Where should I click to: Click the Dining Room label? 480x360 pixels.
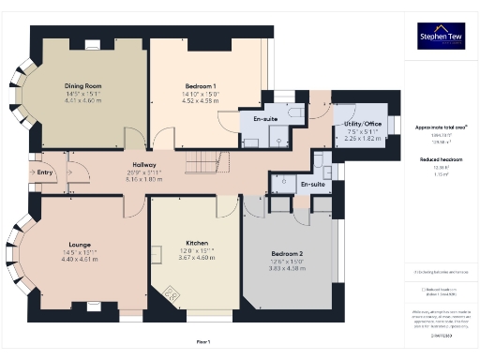tap(82, 86)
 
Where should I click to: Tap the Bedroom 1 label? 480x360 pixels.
tap(201, 86)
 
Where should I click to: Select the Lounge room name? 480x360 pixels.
tap(79, 243)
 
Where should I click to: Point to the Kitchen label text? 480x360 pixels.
tap(197, 243)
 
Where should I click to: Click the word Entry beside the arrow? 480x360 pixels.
tap(44, 172)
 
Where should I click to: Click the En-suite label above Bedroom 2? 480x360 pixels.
tap(312, 185)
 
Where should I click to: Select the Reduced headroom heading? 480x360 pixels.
tap(440, 160)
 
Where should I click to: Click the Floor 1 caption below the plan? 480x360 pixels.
tap(203, 341)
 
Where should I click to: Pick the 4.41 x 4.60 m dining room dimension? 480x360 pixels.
tap(82, 99)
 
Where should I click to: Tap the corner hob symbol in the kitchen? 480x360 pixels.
tap(172, 293)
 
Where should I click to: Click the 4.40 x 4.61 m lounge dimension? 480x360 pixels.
tap(79, 258)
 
